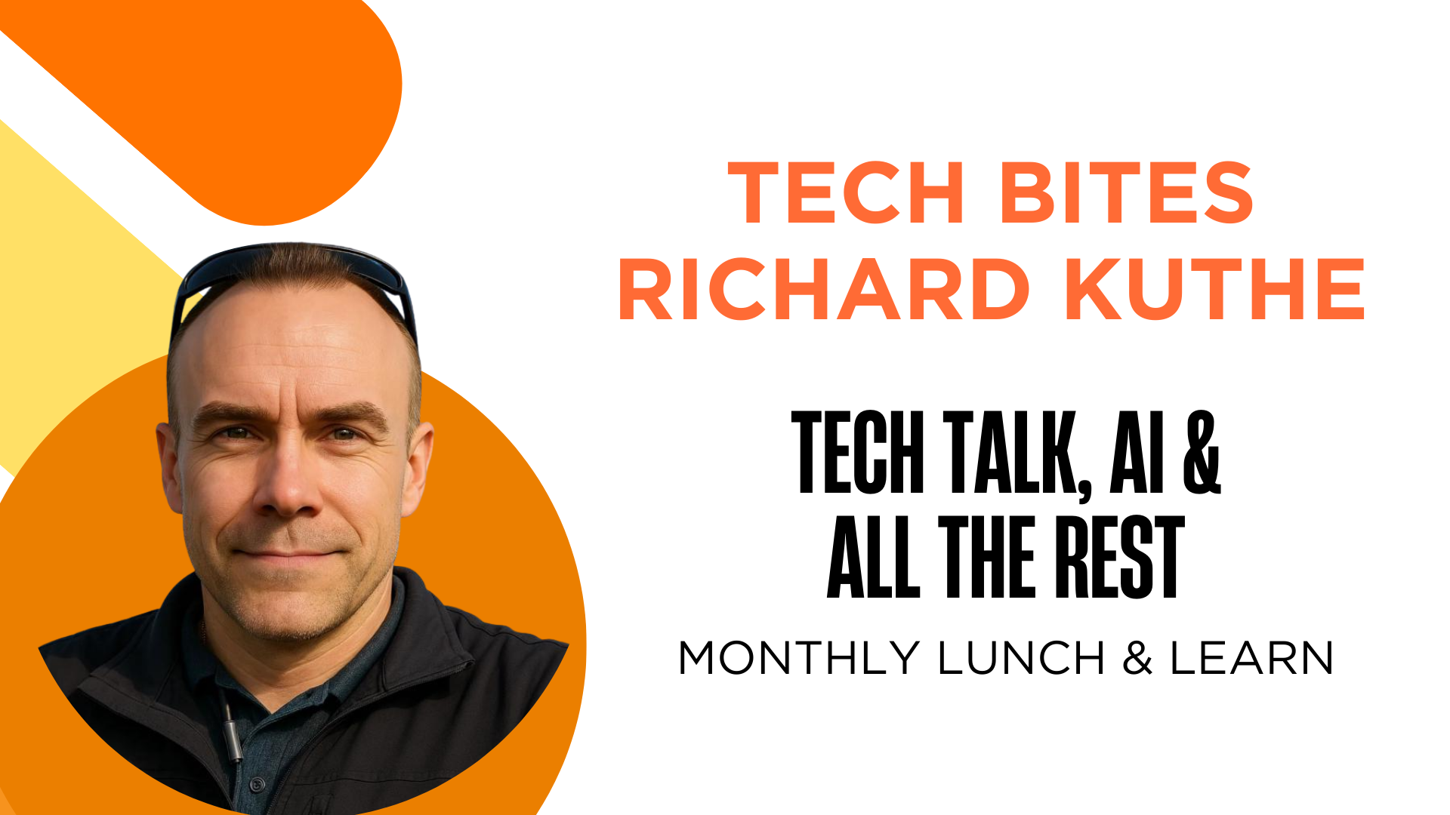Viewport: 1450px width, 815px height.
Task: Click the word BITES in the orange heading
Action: (1126, 193)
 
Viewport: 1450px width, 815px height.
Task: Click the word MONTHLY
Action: (797, 658)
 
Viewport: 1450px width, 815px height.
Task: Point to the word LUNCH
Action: (1021, 658)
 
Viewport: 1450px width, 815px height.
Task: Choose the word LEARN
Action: (1251, 658)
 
